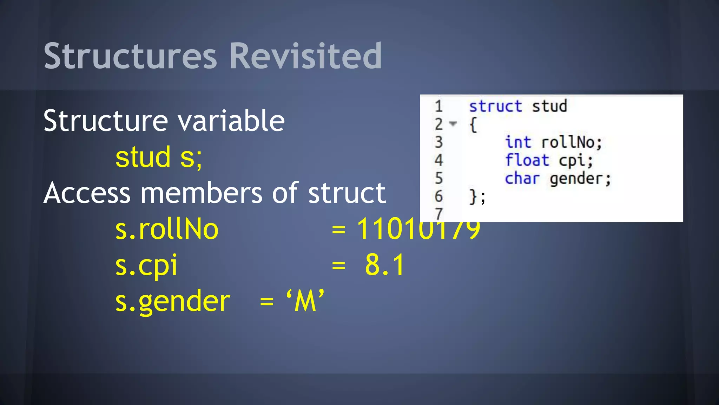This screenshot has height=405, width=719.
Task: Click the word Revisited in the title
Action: [x=305, y=56]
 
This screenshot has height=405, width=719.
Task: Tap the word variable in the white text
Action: [x=231, y=121]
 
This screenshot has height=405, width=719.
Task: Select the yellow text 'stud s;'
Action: [x=159, y=157]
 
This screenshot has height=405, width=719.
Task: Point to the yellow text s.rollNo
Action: [x=167, y=229]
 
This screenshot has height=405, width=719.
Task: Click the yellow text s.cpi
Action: [x=146, y=265]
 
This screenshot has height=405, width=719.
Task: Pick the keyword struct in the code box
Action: [x=495, y=106]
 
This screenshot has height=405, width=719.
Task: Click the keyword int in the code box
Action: [x=518, y=142]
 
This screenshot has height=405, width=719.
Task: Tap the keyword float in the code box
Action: [x=527, y=160]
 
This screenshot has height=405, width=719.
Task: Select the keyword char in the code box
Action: [x=522, y=179]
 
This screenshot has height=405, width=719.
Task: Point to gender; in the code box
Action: [x=580, y=179]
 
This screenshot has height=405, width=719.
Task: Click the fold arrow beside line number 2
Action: [x=453, y=124]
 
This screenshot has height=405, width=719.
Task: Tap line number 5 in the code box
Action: [x=439, y=179]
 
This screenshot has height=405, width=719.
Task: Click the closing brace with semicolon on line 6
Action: [x=477, y=197]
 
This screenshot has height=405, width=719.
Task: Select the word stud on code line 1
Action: [x=549, y=106]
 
